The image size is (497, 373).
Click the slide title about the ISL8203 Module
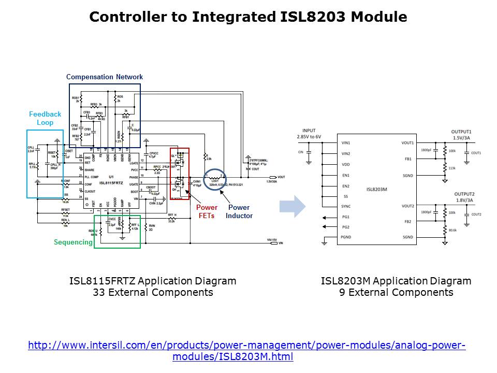coord(248,17)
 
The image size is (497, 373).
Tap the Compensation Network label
coord(104,77)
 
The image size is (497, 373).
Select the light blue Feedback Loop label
coord(45,119)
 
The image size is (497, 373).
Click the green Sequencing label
coord(73,242)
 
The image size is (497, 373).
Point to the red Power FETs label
coord(207,211)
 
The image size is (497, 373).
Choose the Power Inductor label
coord(239,211)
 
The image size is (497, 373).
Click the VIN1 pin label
coord(346,143)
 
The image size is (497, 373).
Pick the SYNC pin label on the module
coord(346,206)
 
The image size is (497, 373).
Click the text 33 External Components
coord(153,293)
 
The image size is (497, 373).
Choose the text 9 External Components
coord(396,293)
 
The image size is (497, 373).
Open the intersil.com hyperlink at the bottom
coord(246,351)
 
